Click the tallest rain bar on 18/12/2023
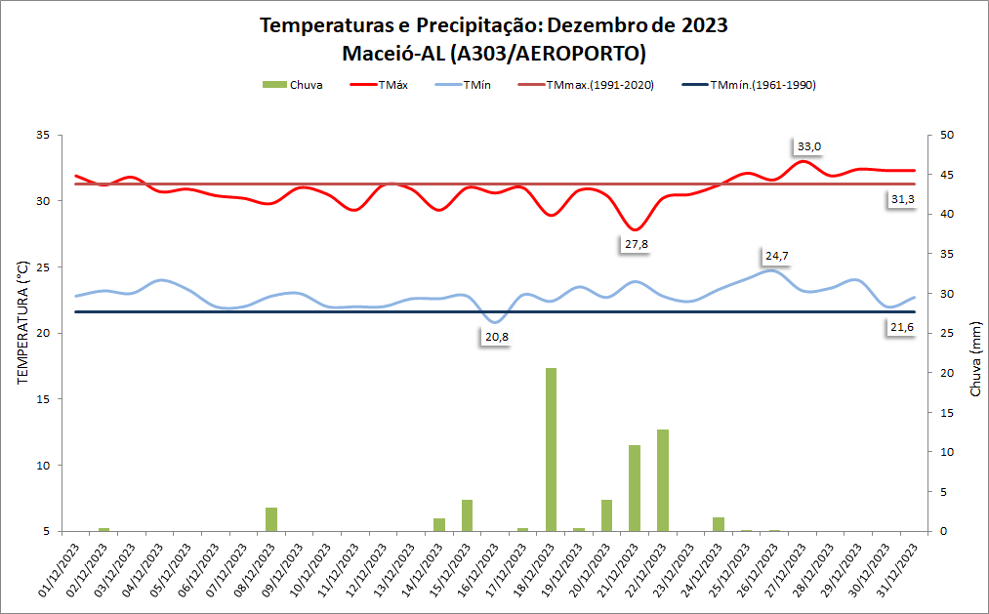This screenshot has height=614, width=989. click(x=551, y=449)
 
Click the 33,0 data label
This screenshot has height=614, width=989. click(x=809, y=146)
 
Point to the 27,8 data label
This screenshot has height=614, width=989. click(x=637, y=244)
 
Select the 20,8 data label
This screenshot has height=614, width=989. click(x=497, y=337)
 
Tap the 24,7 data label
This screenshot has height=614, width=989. click(x=777, y=256)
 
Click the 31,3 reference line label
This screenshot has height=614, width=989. click(x=902, y=199)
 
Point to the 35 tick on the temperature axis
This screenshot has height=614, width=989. click(x=43, y=135)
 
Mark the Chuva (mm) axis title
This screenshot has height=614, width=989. click(x=975, y=361)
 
